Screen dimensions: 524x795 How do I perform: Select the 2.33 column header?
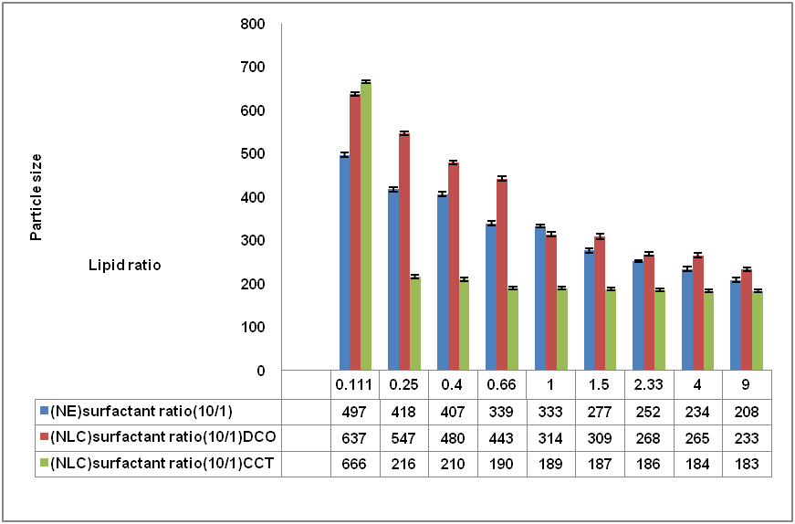(x=650, y=384)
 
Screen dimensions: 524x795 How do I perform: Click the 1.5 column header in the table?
(x=601, y=384)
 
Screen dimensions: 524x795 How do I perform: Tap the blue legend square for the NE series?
(x=44, y=411)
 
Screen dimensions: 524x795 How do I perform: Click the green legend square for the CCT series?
(x=44, y=464)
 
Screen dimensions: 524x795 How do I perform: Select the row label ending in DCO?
(x=162, y=437)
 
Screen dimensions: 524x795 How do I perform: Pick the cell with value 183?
(x=748, y=464)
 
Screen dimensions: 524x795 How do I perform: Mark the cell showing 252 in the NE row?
(x=650, y=411)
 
